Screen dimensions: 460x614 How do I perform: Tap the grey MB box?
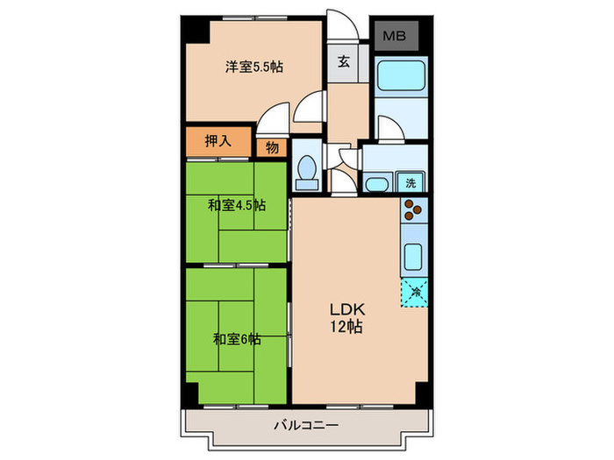point(395,36)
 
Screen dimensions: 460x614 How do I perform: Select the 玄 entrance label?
point(343,61)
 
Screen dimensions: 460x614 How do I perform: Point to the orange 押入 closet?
point(218,141)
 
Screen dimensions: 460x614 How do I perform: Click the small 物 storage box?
point(272,147)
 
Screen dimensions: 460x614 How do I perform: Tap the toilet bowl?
point(307,172)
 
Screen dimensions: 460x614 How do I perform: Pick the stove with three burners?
point(412,211)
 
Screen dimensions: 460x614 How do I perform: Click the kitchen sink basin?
point(412,257)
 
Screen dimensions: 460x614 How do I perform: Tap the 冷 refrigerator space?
point(413,290)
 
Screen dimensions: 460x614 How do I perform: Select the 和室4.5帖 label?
point(237,206)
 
